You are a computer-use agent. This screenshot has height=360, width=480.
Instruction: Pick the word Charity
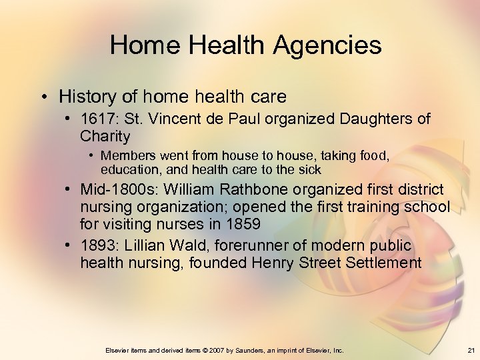pos(105,137)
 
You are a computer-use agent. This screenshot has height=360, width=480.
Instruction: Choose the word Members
pos(127,156)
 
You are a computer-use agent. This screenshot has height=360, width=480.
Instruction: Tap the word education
pos(130,169)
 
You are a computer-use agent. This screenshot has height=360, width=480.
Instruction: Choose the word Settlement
pos(383,263)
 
